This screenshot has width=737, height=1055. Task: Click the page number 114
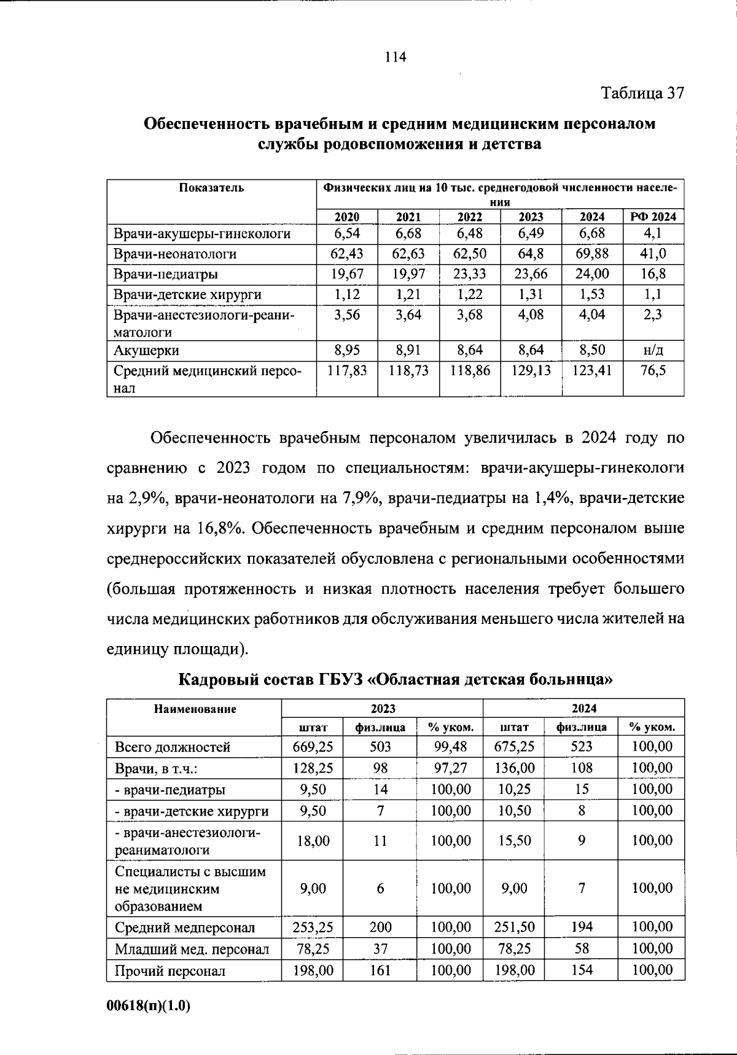click(x=395, y=57)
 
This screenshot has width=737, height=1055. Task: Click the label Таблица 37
click(x=642, y=93)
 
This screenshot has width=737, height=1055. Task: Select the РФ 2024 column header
click(x=653, y=216)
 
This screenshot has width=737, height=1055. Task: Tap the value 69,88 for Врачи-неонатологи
click(x=592, y=254)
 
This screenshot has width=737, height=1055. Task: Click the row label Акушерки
click(x=146, y=351)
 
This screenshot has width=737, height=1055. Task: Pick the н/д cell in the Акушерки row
click(x=653, y=351)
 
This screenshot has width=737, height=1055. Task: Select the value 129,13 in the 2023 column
click(x=531, y=371)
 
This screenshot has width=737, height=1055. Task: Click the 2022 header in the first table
click(x=470, y=216)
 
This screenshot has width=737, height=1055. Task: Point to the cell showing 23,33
click(x=470, y=274)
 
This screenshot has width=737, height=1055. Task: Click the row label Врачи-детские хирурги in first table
click(x=187, y=294)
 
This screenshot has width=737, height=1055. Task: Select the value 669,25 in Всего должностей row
click(x=313, y=747)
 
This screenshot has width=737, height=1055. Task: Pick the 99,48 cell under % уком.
click(x=450, y=747)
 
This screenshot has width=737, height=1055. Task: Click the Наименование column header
click(x=195, y=709)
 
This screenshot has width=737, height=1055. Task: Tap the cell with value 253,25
click(x=313, y=927)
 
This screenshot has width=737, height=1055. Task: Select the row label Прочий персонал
click(x=170, y=971)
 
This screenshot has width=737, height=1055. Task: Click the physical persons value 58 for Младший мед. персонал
click(x=581, y=949)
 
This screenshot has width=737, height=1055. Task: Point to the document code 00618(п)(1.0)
click(x=149, y=1006)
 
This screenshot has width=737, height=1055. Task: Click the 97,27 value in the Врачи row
click(x=450, y=768)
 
